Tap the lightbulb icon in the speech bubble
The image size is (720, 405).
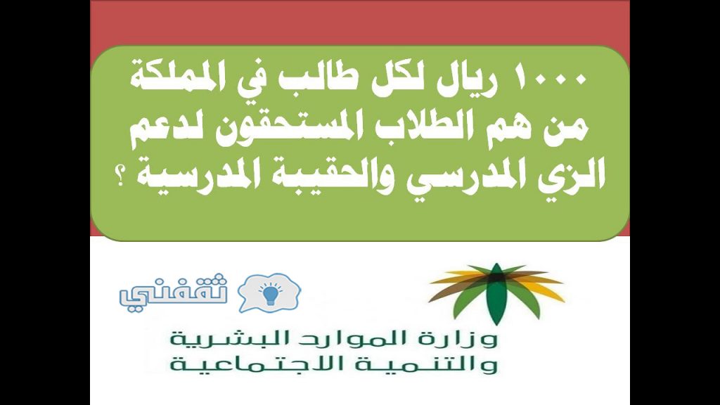pos(269,293)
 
